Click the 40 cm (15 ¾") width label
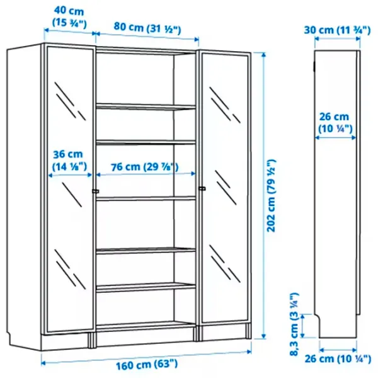(x=69, y=17)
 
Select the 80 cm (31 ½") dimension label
(x=147, y=28)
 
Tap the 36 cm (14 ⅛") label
(x=69, y=160)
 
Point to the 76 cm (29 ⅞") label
(x=145, y=167)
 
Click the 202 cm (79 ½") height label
(x=271, y=195)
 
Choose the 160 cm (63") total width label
(x=147, y=365)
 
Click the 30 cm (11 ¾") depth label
(x=337, y=30)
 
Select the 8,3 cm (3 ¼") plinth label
(x=294, y=324)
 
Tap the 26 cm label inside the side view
(x=335, y=123)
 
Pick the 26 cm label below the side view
(x=338, y=359)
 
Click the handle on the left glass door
(x=96, y=191)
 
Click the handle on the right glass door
(x=202, y=188)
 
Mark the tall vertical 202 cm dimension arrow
(x=264, y=196)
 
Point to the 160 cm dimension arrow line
(x=146, y=357)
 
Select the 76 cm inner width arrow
(x=146, y=174)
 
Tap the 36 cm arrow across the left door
(x=70, y=175)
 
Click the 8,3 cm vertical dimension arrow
(x=303, y=326)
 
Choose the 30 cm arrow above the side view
(x=338, y=38)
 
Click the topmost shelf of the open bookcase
(x=146, y=106)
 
